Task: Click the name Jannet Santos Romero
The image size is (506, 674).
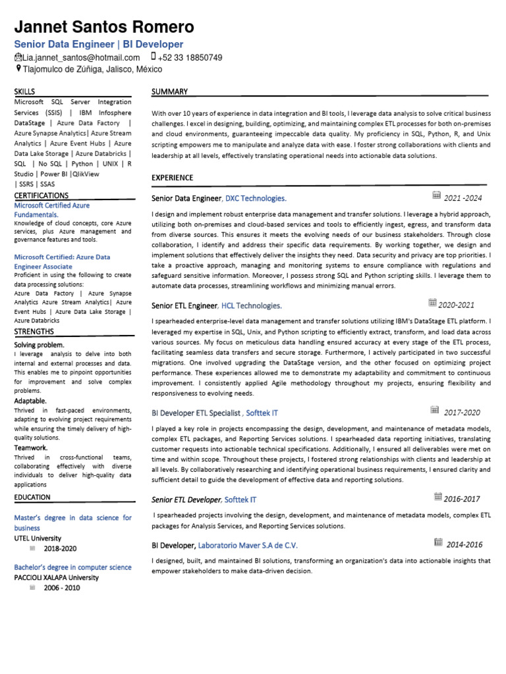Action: (104, 27)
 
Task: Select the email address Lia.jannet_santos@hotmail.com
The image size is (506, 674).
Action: (82, 57)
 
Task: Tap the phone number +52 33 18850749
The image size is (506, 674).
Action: (190, 57)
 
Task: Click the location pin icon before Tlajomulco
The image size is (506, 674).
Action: (18, 68)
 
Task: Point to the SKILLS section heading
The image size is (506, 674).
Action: (24, 91)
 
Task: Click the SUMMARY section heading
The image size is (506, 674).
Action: (169, 91)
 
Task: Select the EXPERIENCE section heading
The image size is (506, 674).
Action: (172, 178)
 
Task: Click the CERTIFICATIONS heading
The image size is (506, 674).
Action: (41, 195)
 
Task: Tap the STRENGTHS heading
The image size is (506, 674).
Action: (34, 331)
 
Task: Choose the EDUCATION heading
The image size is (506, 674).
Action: (32, 497)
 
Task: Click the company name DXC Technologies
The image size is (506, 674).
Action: (256, 198)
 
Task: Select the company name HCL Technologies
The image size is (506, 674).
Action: (251, 305)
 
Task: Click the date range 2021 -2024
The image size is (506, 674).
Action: (463, 198)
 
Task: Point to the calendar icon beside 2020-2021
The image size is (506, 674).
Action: (433, 303)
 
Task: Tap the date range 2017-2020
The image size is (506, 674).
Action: (462, 413)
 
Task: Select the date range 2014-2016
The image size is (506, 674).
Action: (464, 544)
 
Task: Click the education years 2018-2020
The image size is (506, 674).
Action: (61, 548)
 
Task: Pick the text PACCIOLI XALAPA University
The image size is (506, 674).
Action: (57, 577)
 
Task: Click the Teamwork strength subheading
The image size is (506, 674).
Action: (30, 447)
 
